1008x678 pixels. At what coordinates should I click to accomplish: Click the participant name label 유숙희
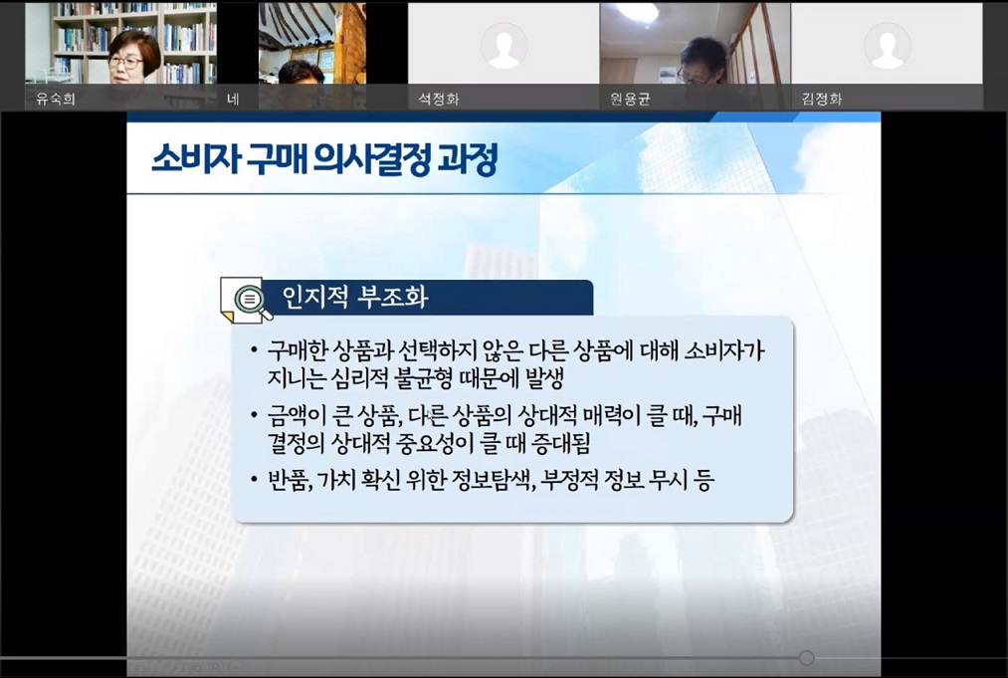[55, 99]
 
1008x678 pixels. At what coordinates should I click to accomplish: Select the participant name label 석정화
[439, 99]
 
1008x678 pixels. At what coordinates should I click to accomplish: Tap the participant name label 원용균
[630, 99]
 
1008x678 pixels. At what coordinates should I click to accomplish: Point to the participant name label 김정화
[822, 99]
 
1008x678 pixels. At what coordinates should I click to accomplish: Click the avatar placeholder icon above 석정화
[504, 45]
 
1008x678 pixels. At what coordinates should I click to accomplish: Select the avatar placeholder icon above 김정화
[887, 45]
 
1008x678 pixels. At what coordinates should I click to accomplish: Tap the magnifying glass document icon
[246, 301]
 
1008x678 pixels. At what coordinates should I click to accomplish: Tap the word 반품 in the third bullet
[290, 481]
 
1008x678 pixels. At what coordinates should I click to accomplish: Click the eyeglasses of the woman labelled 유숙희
[124, 62]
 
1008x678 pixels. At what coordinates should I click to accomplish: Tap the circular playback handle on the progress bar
[806, 657]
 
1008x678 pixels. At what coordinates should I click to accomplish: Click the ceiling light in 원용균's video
[637, 12]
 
